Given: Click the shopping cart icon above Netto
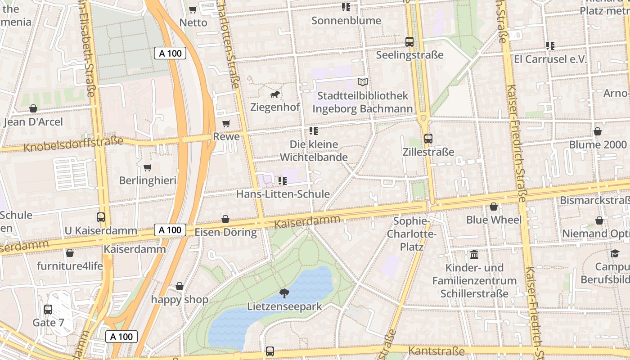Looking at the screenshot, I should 193,9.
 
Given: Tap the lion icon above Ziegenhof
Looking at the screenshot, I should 275,94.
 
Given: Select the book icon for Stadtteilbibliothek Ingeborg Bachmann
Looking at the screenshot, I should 362,82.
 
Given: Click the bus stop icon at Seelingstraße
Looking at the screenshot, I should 409,42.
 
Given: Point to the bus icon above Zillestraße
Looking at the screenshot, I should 428,139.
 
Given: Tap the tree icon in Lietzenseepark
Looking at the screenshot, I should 284,293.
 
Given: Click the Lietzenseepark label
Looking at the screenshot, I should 284,307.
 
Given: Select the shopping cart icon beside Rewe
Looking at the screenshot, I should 226,123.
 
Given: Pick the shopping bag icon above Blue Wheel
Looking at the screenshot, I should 494,207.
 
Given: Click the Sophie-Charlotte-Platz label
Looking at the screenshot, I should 412,234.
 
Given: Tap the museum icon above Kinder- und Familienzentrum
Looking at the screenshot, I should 474,255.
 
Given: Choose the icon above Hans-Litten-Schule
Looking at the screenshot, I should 283,181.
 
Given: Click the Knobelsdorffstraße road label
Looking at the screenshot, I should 73,144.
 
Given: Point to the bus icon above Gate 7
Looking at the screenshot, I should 48,310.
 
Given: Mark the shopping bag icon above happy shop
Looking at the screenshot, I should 180,287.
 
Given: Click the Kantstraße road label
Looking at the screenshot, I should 436,351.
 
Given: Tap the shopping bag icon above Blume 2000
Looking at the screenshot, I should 598,131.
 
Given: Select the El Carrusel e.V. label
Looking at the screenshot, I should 550,59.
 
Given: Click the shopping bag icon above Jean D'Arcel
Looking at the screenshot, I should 33,108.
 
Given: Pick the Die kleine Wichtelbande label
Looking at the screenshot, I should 314,151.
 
